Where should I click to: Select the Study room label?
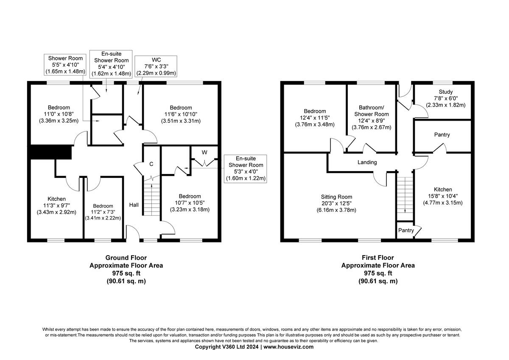(x=446, y=92)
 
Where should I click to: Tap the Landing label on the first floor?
(x=367, y=162)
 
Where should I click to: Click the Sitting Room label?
(x=336, y=197)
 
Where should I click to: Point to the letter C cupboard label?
(x=151, y=164)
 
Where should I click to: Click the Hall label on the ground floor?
(x=134, y=205)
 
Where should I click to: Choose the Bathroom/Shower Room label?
(x=371, y=111)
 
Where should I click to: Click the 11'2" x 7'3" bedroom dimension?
(x=103, y=212)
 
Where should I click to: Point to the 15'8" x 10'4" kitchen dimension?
(x=442, y=196)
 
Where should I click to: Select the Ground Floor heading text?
(x=126, y=258)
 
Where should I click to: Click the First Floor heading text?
(x=378, y=258)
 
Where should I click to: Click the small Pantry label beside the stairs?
(x=406, y=231)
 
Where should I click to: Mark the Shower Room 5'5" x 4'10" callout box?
(x=65, y=65)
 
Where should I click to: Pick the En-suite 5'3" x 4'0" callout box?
(x=246, y=169)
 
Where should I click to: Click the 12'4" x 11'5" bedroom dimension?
(x=315, y=118)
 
